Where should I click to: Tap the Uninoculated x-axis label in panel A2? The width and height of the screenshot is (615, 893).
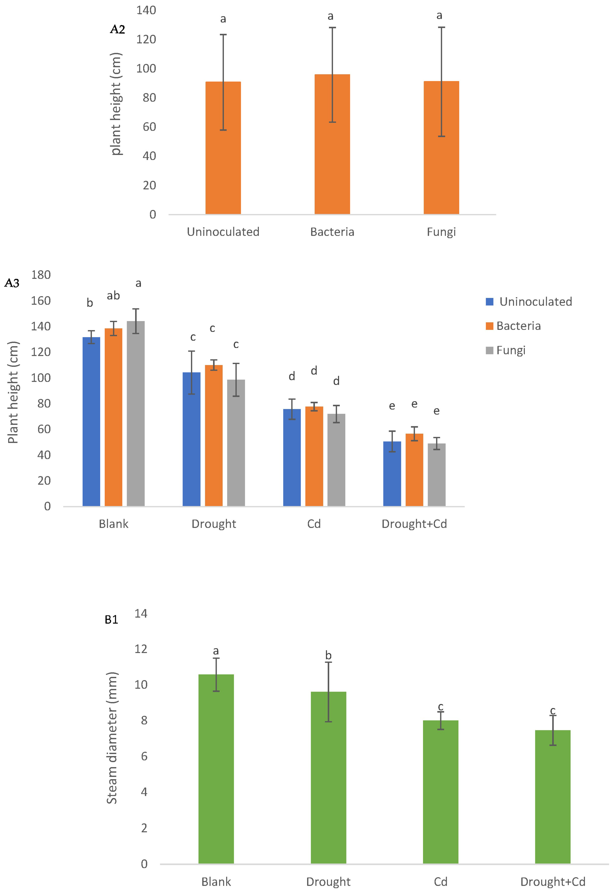click(223, 232)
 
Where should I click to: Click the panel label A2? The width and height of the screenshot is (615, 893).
click(118, 29)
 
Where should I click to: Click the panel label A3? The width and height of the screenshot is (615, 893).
click(12, 283)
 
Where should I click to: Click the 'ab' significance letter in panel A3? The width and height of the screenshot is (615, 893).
click(113, 296)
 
